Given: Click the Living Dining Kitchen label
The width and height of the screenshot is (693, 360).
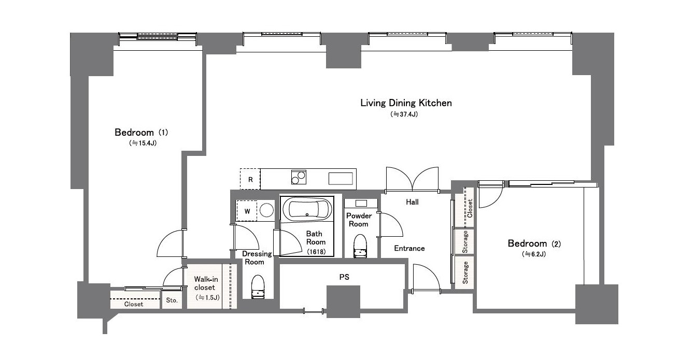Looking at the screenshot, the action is click(406, 103).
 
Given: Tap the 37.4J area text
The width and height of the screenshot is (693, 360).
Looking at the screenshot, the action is click(404, 114).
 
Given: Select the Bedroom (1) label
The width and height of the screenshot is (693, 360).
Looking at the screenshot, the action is click(141, 133).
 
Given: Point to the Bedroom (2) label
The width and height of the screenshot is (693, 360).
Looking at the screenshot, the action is click(534, 243).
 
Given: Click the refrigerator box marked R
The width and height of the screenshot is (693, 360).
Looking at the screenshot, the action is click(250, 179).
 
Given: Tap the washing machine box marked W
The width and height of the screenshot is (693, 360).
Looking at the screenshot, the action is click(247, 211).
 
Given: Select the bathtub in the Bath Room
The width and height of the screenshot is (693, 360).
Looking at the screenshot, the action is click(307, 209).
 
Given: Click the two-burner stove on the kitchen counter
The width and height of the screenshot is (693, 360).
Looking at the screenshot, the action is click(299, 177).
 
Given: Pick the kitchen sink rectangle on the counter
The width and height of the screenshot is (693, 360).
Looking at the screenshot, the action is click(341, 179).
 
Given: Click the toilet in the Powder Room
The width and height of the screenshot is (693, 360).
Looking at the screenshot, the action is click(360, 246).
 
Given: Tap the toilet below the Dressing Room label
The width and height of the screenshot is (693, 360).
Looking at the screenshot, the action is click(258, 287).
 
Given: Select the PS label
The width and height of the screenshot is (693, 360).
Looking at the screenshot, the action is click(344, 277).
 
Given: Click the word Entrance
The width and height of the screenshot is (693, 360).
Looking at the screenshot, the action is click(409, 248).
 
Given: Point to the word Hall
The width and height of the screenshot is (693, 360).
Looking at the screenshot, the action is click(412, 202).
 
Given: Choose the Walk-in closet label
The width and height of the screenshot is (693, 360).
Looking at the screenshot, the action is click(206, 283).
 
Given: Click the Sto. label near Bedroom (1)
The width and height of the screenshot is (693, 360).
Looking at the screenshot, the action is click(172, 300).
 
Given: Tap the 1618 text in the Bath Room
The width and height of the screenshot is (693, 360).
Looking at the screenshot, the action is click(316, 252).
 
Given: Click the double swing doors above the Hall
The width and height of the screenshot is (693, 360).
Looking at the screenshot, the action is click(412, 179).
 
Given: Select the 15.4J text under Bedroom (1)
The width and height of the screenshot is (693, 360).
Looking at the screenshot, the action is click(143, 143).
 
